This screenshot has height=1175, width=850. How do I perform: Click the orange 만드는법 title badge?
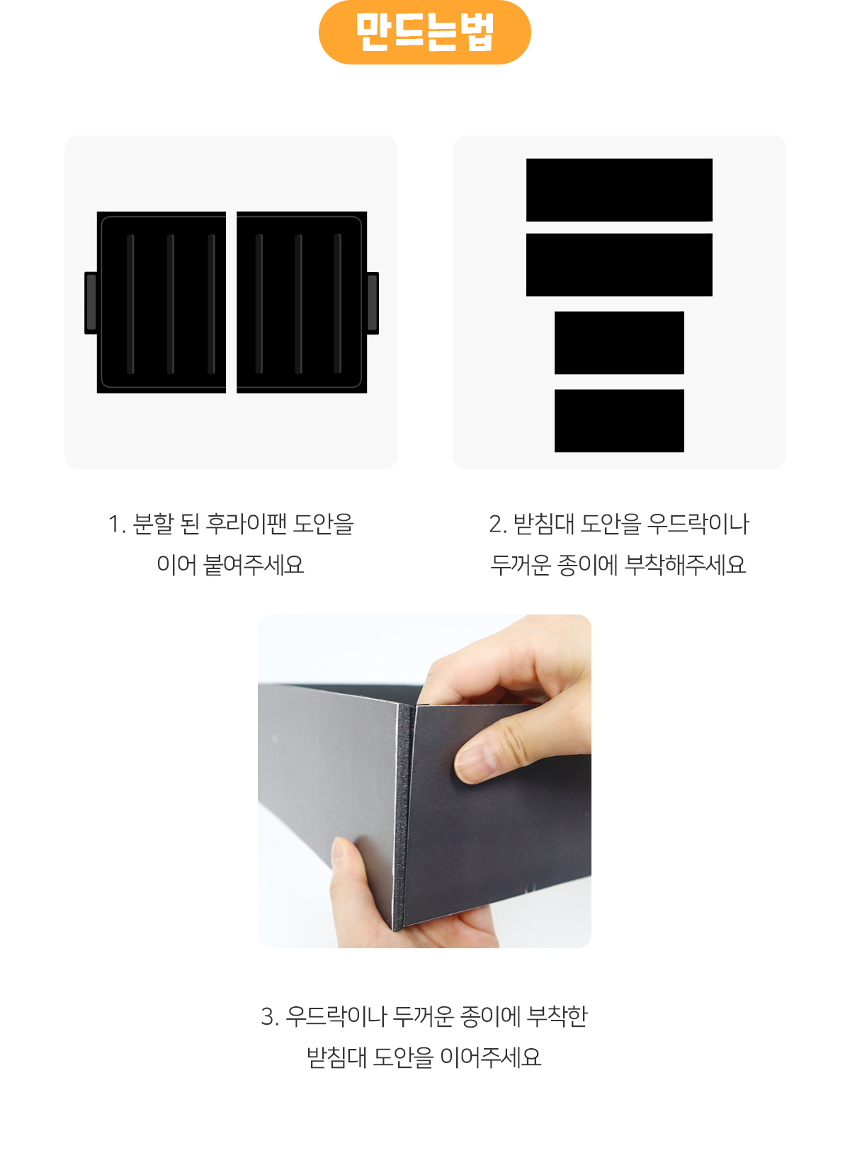click(x=425, y=33)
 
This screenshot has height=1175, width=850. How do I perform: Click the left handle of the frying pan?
click(x=91, y=303)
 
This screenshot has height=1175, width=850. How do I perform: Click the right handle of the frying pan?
click(x=373, y=303)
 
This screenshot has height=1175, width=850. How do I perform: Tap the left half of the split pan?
click(x=161, y=302)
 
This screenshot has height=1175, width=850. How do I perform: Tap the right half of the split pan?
click(x=302, y=302)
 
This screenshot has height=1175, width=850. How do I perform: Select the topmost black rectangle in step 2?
click(x=619, y=190)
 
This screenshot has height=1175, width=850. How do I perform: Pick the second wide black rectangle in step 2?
click(x=619, y=265)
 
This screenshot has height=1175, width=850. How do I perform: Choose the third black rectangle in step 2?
click(x=619, y=343)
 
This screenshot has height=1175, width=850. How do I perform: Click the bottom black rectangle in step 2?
click(x=619, y=421)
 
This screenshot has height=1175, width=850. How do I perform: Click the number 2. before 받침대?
click(x=498, y=524)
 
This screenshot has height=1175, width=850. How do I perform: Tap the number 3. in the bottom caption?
click(x=270, y=1017)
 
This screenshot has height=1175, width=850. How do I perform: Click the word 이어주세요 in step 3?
click(x=490, y=1057)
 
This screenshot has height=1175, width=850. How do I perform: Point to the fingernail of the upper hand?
click(x=475, y=760)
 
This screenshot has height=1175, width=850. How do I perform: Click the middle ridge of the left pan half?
click(x=171, y=304)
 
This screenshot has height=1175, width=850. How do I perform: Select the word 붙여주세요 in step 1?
click(x=254, y=565)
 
